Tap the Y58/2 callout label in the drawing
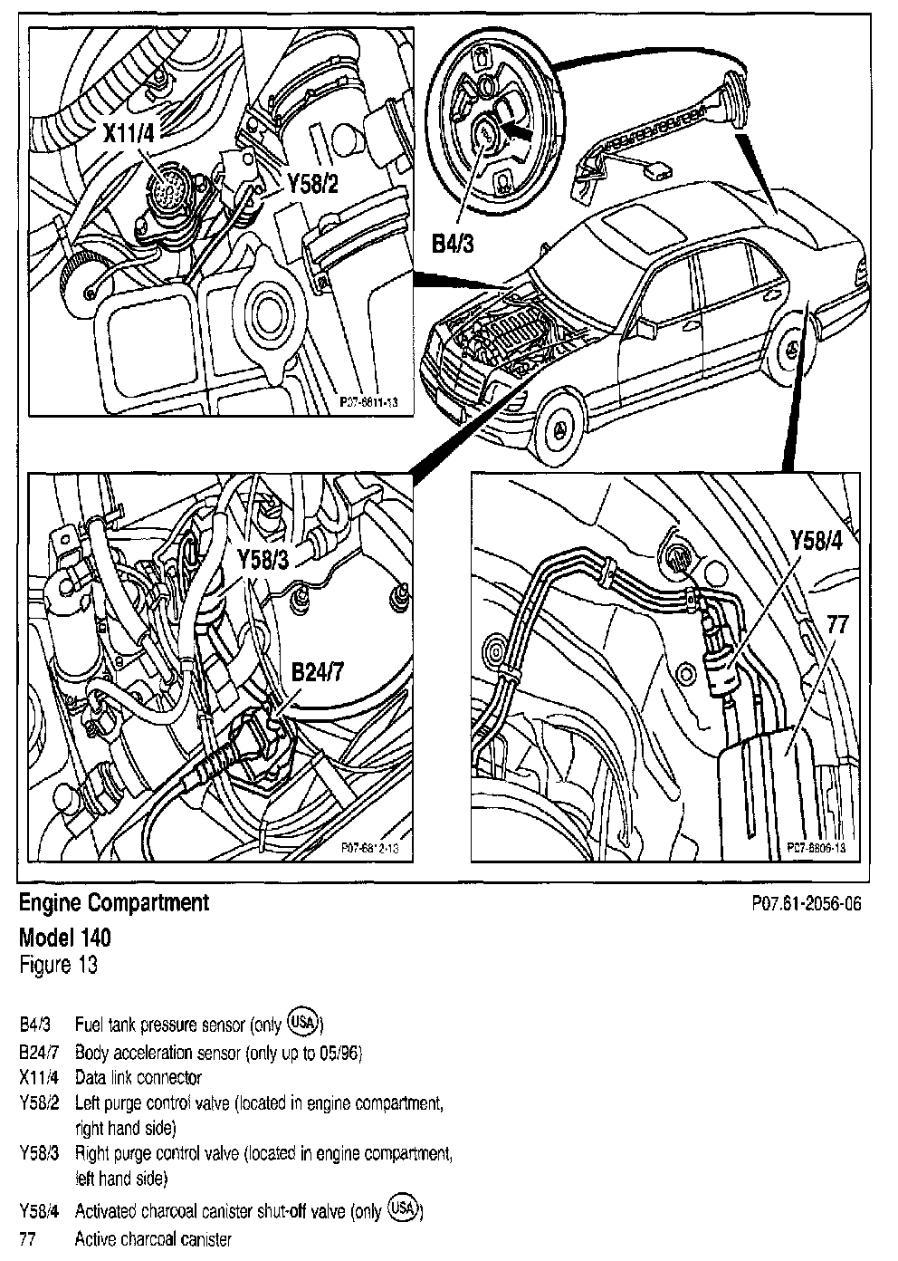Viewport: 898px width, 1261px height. coord(312,184)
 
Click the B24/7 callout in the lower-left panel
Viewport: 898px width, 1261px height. coord(320,671)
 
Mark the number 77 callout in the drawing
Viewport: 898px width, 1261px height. coord(836,623)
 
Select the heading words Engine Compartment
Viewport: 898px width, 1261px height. coord(114,902)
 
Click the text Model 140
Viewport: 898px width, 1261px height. coord(65,936)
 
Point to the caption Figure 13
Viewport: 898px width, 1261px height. coord(58,964)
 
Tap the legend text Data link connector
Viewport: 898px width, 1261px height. coord(139,1078)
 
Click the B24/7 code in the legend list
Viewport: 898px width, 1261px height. coord(38,1053)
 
